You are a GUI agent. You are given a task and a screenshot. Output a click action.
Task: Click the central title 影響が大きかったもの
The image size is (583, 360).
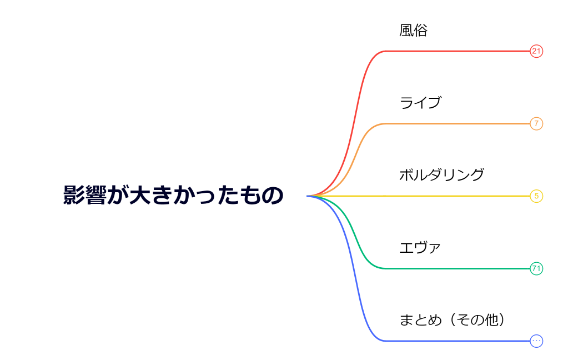point(173,196)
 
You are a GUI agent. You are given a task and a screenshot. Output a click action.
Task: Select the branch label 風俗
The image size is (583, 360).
point(413,31)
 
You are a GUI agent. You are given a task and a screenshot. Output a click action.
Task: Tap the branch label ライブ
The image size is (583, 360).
point(420,103)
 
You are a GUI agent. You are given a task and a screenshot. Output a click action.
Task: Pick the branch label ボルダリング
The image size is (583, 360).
point(441,175)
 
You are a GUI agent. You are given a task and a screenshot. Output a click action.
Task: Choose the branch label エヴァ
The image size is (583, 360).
point(420,248)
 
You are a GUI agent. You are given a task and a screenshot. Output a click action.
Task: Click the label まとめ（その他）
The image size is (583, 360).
point(452,320)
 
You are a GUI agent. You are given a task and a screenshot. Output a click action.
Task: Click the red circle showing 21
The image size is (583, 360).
point(536,51)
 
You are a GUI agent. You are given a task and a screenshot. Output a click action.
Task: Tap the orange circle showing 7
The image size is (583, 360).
point(536,123)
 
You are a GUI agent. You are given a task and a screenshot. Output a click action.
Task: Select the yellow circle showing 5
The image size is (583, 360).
point(536,196)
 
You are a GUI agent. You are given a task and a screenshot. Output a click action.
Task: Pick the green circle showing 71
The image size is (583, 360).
point(536,269)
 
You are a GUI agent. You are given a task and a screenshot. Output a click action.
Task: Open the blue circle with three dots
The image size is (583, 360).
point(536,341)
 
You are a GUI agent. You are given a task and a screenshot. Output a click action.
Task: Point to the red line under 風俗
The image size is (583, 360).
point(455,51)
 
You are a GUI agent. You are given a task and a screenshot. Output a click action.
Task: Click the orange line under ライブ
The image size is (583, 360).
point(455,123)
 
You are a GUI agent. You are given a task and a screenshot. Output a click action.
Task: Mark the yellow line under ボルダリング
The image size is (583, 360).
point(455,196)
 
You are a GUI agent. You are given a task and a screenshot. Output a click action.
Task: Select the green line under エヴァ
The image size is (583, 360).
point(455,269)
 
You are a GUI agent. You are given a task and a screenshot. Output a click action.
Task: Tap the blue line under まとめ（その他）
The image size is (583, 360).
point(455,341)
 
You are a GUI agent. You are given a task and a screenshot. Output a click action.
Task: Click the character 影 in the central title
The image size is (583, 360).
point(73,196)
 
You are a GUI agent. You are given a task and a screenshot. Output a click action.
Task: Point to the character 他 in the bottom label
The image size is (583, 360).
point(491,320)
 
